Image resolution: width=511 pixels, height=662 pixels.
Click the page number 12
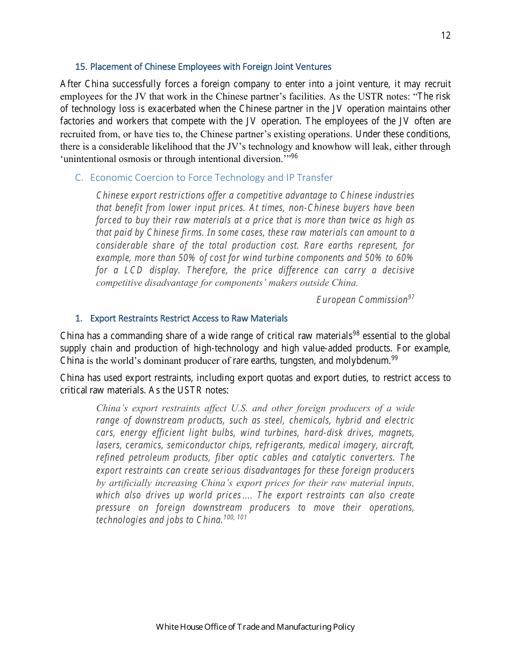445,36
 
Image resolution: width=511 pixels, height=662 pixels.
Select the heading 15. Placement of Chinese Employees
203,67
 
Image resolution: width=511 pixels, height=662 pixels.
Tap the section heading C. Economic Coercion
204,178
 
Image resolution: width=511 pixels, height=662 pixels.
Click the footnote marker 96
294,157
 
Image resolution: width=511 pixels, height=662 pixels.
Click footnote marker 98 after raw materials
356,333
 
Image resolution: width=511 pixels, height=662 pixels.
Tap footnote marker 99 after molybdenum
394,358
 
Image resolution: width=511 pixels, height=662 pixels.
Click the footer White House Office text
255,626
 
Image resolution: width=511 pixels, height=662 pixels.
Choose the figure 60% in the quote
404,258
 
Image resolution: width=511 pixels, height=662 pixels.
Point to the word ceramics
145,445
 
